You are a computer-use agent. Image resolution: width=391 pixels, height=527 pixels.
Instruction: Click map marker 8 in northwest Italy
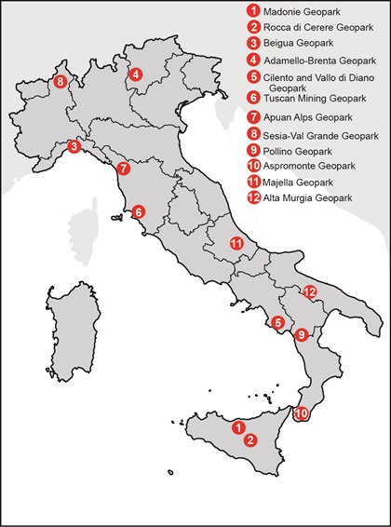coord(61,82)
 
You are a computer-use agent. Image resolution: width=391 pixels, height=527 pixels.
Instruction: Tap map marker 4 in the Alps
coord(136,74)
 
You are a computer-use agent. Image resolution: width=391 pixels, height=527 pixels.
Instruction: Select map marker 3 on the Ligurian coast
coord(74,146)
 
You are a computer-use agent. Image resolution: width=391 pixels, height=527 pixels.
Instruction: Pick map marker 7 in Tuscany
coord(124,169)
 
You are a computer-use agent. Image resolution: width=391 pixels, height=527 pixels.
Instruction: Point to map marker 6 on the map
coord(138,211)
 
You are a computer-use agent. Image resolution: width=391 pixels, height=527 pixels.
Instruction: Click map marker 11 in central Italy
coord(236,243)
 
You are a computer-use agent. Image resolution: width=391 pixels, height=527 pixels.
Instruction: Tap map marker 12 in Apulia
coord(309,292)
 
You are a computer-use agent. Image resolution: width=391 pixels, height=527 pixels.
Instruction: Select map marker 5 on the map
coord(277,323)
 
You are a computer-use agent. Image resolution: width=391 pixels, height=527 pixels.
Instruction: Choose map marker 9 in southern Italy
coord(300,335)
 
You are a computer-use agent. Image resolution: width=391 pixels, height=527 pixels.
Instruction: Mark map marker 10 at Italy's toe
coord(301,413)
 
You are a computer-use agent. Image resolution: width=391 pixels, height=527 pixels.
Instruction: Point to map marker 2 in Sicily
coord(249,441)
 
